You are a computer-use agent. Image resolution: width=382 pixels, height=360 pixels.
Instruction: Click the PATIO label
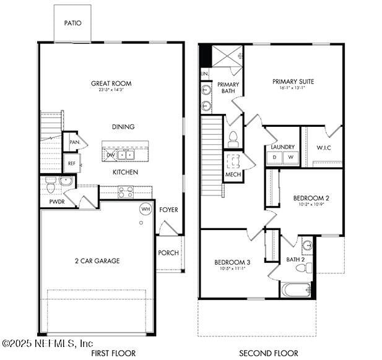point(72,24)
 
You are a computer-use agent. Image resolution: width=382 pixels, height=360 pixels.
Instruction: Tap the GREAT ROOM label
point(111,84)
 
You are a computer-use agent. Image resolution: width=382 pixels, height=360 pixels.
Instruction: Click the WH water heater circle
point(145,209)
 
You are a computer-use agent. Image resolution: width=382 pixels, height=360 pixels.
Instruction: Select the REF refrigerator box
point(71,164)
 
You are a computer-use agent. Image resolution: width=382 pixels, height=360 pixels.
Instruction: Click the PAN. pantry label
point(74,142)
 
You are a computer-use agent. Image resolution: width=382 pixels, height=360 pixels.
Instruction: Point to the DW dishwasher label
point(111,155)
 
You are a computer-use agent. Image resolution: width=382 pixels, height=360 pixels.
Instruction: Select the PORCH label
point(168,253)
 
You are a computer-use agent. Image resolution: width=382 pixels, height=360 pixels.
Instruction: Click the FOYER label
point(168,210)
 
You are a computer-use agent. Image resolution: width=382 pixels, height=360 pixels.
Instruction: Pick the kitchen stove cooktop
point(126,192)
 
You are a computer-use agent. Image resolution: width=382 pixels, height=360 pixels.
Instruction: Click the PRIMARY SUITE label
point(293,82)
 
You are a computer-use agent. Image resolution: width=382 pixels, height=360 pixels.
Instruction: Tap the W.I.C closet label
point(323,148)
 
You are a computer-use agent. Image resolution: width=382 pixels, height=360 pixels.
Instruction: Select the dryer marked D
point(274,158)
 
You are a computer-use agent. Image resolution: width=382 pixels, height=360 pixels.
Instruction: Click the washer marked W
point(290,158)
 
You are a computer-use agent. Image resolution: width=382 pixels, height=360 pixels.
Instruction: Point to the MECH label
point(233,175)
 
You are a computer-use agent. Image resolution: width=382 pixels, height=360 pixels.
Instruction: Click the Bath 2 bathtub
point(295,289)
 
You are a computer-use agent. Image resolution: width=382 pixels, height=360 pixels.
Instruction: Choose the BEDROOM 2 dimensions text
point(311,205)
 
